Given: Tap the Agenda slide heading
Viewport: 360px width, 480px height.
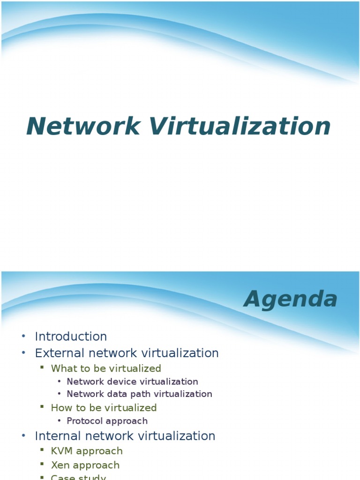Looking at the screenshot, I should tap(291, 299).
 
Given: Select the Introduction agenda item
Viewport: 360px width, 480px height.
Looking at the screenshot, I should tap(71, 337).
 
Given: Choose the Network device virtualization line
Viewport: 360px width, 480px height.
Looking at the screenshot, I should tap(132, 382).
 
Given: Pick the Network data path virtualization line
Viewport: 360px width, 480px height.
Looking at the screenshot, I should tap(139, 394).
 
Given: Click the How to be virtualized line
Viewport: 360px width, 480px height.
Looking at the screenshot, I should tap(104, 408).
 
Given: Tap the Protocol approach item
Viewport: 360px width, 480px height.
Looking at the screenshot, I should tap(107, 421).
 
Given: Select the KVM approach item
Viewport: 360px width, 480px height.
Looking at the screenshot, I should tap(87, 451).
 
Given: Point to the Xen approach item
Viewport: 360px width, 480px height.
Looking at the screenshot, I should tap(85, 465).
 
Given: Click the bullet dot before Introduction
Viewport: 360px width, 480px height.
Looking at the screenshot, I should tap(23, 337).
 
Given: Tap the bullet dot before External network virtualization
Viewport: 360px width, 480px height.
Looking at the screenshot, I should tap(23, 353).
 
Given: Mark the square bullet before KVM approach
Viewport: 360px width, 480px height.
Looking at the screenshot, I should tap(42, 450).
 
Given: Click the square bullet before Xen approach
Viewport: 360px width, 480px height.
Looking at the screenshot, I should tap(42, 465).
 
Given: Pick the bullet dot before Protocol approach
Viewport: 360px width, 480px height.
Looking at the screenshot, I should tap(59, 421).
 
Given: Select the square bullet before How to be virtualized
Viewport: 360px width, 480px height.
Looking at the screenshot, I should tap(42, 407).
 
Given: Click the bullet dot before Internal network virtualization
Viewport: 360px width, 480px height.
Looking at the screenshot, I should tap(23, 436).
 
